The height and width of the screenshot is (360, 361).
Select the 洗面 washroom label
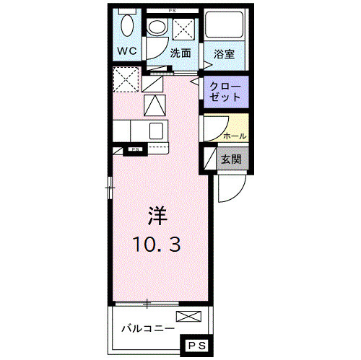pos(180,53)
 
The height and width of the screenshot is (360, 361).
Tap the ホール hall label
pos(235,135)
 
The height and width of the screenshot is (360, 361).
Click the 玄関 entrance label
pos(231,159)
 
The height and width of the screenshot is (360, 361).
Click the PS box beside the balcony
pos(196,347)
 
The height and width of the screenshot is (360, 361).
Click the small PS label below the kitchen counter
pos(134,149)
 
